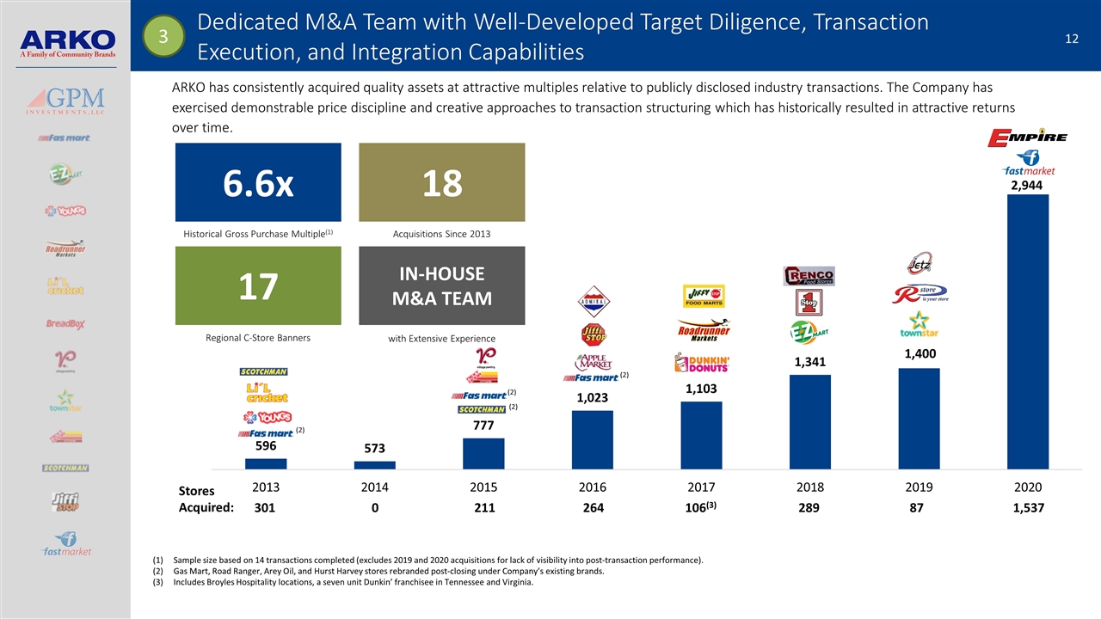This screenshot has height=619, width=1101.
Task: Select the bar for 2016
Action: click(x=593, y=439)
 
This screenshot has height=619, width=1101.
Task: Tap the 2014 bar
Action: click(x=375, y=465)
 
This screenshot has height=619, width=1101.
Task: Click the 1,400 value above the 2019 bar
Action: click(x=920, y=353)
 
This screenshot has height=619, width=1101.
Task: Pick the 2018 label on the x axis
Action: click(x=810, y=487)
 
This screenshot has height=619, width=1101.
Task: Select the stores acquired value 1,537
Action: click(x=1028, y=508)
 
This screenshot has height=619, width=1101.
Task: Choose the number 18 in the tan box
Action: click(x=441, y=183)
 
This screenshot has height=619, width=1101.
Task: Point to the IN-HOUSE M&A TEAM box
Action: click(x=441, y=286)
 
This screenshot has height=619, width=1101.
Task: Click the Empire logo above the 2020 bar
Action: click(x=1028, y=137)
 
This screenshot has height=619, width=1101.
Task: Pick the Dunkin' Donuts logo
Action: click(x=702, y=364)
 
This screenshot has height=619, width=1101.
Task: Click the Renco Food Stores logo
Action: click(x=809, y=276)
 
